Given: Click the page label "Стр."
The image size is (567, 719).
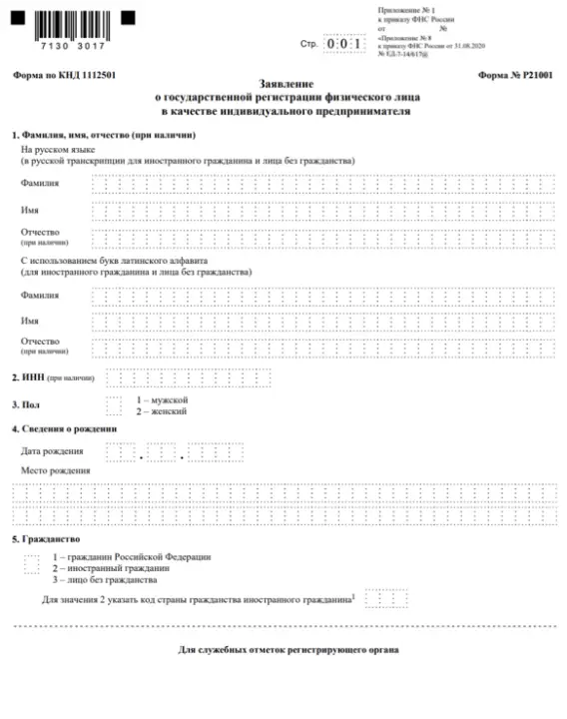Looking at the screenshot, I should pos(308,45).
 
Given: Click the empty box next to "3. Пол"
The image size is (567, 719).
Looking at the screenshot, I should pos(113,403).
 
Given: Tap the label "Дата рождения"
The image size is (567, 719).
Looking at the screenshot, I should pos(52,451).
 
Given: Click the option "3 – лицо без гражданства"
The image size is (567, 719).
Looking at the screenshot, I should pos(105,579).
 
